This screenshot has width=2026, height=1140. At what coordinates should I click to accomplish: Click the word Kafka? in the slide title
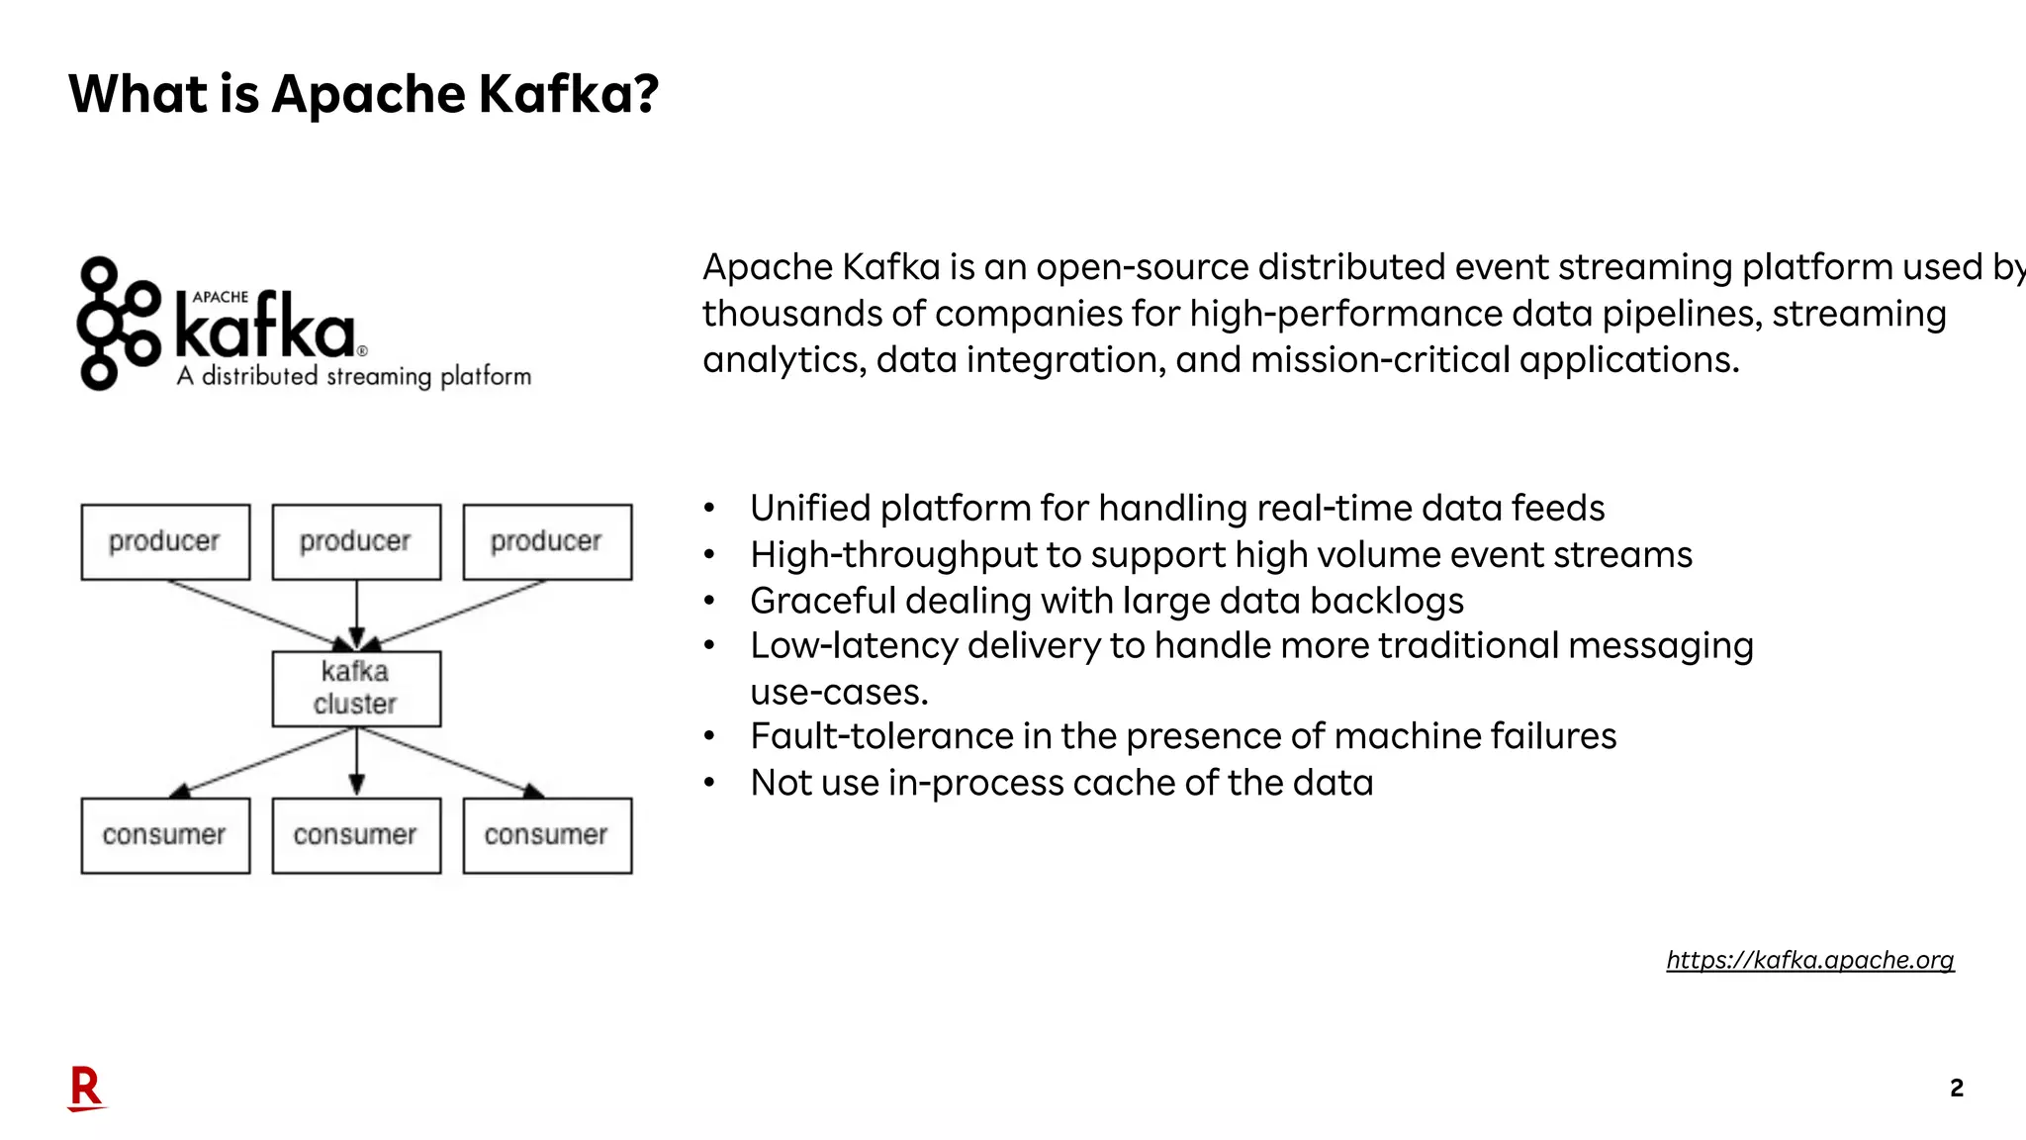[x=568, y=95]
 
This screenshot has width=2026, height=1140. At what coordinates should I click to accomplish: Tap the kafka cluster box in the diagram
[x=356, y=689]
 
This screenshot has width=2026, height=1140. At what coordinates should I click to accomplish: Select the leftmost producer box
[x=165, y=542]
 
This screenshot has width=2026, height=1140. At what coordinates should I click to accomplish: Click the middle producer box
[x=356, y=542]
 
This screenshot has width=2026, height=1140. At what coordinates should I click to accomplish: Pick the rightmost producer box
[x=547, y=542]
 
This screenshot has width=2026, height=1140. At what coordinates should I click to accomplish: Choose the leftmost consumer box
[x=165, y=835]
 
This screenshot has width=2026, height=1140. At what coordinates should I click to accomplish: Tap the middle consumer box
[x=356, y=835]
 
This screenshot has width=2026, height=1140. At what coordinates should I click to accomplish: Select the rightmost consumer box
[x=547, y=835]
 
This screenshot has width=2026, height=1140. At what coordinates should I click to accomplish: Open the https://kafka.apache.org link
[x=1809, y=960]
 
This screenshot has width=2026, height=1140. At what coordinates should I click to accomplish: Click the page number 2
[x=1956, y=1089]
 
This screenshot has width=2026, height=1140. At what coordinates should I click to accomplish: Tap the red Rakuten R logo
[x=86, y=1089]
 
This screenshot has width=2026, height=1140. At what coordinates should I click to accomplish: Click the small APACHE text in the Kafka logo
[x=221, y=297]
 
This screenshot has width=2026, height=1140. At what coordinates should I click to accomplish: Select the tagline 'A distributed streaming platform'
[x=354, y=377]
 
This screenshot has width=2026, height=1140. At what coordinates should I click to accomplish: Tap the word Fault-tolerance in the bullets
[x=881, y=737]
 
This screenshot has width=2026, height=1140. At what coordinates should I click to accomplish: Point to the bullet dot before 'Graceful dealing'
[x=709, y=601]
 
